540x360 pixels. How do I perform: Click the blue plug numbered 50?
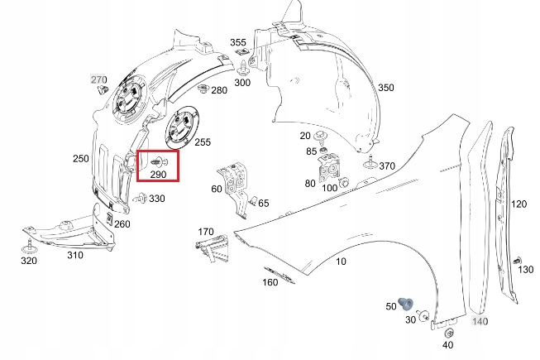click(406, 304)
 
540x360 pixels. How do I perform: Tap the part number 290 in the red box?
click(158, 175)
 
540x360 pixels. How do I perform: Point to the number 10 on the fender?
click(341, 262)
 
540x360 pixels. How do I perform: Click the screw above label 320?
click(29, 246)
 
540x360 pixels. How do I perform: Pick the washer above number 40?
click(448, 333)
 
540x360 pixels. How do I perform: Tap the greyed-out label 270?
click(99, 79)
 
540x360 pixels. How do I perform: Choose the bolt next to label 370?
click(370, 162)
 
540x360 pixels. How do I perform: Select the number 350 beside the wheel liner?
click(386, 88)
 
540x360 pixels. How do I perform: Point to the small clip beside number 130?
click(517, 261)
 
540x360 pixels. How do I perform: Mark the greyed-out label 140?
click(480, 321)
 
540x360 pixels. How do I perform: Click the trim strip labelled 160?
click(280, 275)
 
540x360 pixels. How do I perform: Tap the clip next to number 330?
click(140, 198)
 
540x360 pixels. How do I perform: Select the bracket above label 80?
click(329, 168)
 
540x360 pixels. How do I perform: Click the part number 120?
click(518, 204)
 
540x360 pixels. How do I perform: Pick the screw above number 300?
click(244, 68)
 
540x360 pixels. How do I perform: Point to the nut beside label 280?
click(203, 89)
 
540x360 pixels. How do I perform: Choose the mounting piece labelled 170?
click(212, 247)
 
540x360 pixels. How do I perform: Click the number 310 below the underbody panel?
click(75, 255)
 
